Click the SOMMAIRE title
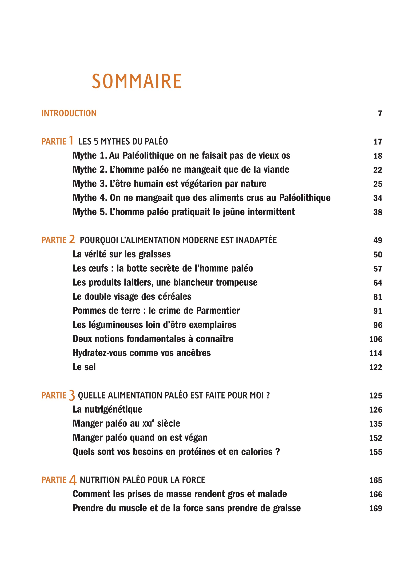pyautogui.click(x=137, y=81)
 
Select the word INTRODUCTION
pyautogui.click(x=69, y=113)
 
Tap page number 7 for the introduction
pyautogui.click(x=380, y=114)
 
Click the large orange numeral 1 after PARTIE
pyautogui.click(x=71, y=141)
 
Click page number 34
pyautogui.click(x=378, y=198)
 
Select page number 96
pyautogui.click(x=378, y=325)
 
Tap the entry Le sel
pyautogui.click(x=84, y=367)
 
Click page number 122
pyautogui.click(x=376, y=367)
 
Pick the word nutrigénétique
pyautogui.click(x=113, y=409)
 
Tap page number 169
pyautogui.click(x=376, y=508)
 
